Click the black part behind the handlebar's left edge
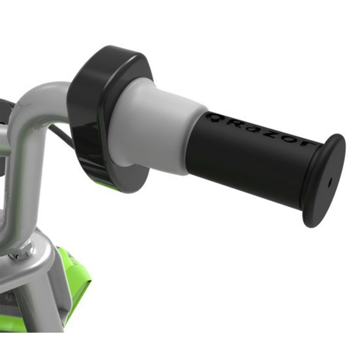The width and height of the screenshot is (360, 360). coord(4,108)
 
